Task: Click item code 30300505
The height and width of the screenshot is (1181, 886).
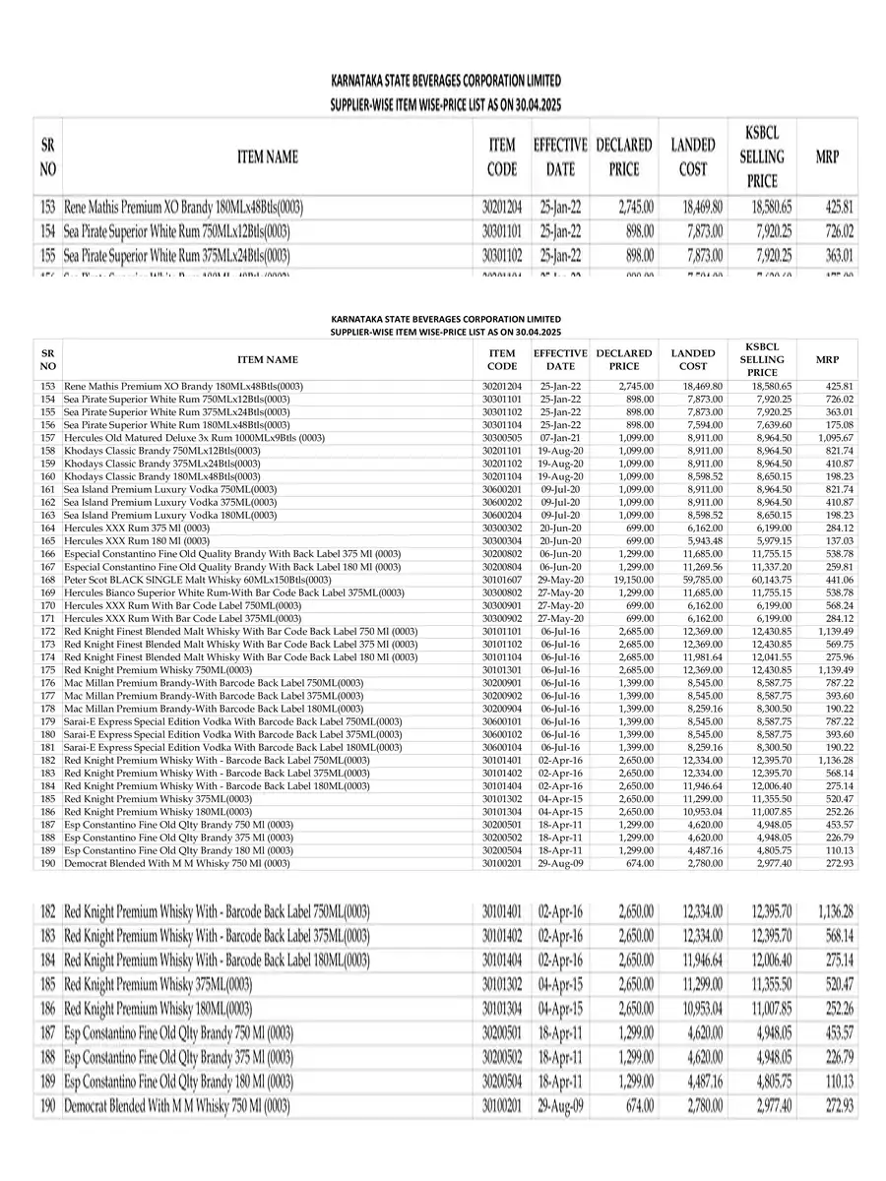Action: tap(502, 437)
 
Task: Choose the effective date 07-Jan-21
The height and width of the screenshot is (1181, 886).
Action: tap(560, 437)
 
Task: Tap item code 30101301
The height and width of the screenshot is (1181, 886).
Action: tap(502, 670)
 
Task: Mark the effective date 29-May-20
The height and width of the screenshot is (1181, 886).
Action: tap(560, 580)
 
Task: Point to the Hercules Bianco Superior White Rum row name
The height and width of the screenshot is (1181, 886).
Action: tap(233, 592)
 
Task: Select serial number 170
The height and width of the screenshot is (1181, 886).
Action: tap(47, 605)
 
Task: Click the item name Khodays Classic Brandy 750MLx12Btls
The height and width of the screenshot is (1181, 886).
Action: tap(161, 450)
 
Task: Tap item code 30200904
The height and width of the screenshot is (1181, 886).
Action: tap(502, 709)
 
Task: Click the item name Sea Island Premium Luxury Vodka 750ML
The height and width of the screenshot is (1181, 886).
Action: tap(170, 489)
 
